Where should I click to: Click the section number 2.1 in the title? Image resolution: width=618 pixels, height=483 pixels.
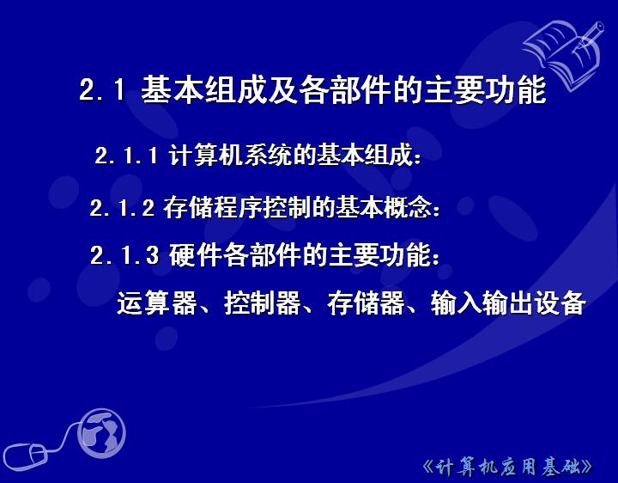click(101, 89)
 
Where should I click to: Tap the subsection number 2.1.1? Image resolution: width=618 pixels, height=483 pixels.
click(126, 155)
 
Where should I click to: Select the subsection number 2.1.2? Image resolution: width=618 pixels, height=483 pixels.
click(122, 208)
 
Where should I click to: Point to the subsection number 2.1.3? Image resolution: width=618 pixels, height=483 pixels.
click(124, 255)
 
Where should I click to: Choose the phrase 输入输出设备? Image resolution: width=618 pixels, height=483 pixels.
click(508, 303)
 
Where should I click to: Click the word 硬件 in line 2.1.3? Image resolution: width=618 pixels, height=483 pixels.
click(195, 255)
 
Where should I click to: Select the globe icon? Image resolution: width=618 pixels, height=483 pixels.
click(101, 433)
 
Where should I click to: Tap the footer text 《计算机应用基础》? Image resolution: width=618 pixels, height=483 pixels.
click(507, 468)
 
